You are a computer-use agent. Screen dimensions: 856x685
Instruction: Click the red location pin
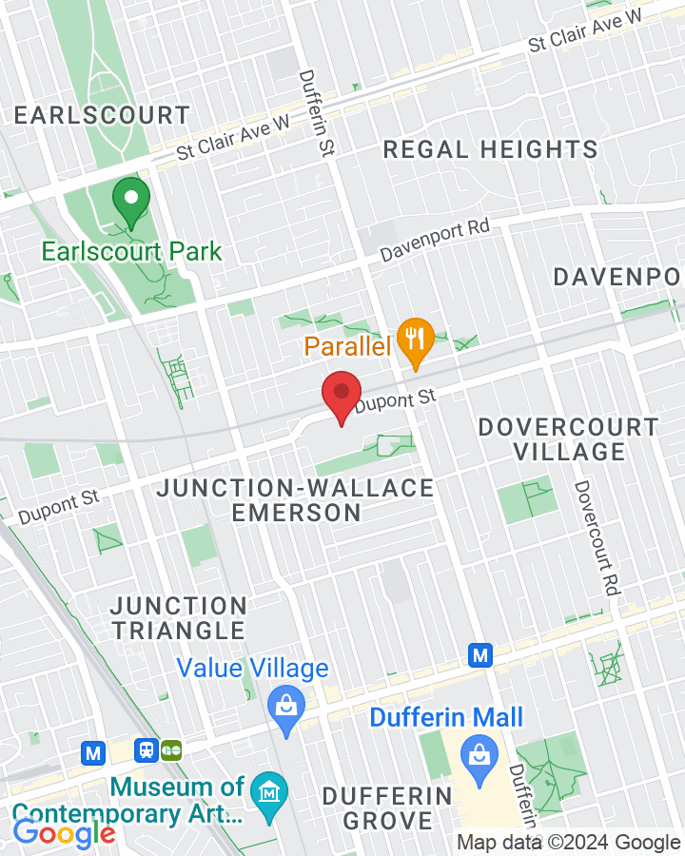tap(341, 396)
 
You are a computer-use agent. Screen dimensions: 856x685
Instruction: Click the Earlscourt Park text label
tap(131, 252)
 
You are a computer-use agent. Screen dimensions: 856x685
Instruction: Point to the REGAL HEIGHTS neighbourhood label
tap(490, 149)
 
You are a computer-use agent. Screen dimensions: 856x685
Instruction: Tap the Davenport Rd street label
tap(435, 241)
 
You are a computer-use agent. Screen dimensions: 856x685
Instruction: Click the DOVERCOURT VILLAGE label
tap(568, 438)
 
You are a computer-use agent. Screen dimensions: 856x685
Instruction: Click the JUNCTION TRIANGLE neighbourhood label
tap(179, 617)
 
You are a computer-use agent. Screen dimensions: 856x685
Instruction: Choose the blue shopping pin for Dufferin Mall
tap(474, 757)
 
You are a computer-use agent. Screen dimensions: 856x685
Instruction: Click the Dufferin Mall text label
tap(446, 716)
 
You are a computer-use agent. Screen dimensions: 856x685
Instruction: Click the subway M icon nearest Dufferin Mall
tap(480, 654)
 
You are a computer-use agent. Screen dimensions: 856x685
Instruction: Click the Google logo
tap(65, 834)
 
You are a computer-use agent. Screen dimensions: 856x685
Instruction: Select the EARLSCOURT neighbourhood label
tap(103, 116)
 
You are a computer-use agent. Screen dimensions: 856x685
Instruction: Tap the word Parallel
tap(348, 346)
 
